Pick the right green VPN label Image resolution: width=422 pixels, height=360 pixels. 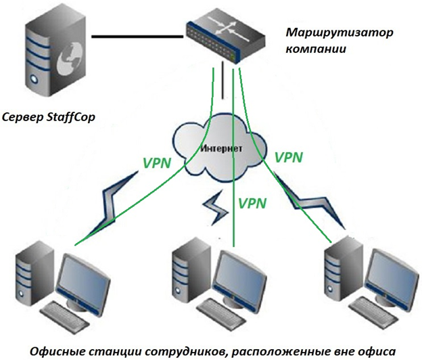289,158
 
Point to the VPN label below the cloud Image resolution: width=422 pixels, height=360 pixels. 252,202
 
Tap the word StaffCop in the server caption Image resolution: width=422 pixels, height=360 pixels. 70,116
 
